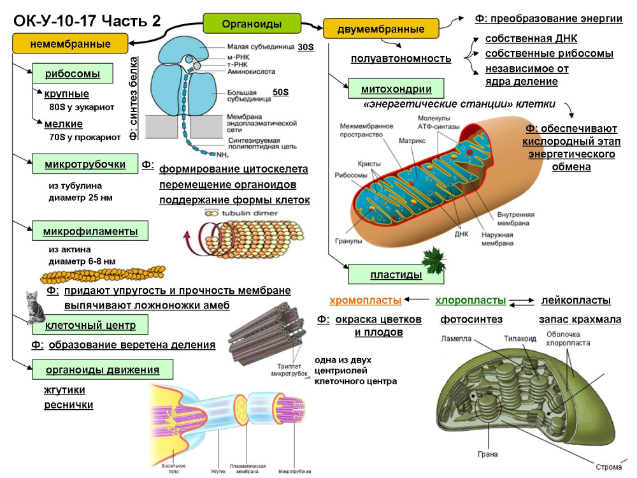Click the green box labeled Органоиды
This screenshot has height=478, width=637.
click(252, 24)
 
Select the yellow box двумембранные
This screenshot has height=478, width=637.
click(381, 29)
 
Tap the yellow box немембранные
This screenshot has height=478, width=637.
click(70, 44)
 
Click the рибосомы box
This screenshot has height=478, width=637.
click(73, 73)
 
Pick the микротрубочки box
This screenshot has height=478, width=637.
click(85, 164)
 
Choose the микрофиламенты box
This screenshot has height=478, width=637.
click(90, 230)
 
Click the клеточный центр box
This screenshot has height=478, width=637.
click(90, 326)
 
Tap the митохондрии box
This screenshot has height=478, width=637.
click(396, 89)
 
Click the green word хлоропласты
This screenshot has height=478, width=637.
click(471, 300)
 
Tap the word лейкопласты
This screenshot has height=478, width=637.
click(576, 300)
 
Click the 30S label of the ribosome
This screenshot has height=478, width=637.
click(306, 47)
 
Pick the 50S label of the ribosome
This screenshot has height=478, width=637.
click(280, 92)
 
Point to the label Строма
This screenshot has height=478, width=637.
click(609, 467)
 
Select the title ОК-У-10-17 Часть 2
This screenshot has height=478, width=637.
click(87, 20)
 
